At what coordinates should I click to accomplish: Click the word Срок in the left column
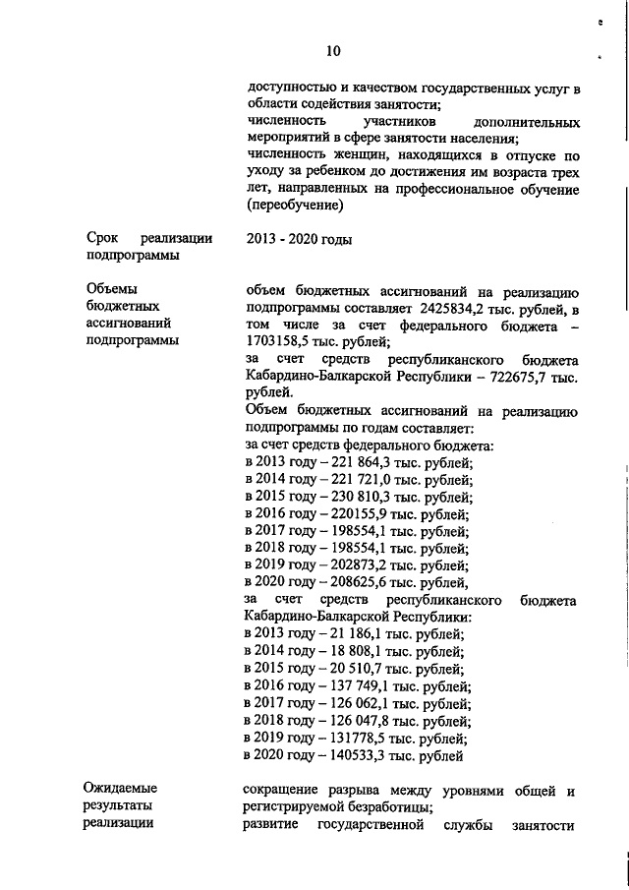click(102, 239)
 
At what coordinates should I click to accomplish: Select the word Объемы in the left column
click(111, 290)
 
